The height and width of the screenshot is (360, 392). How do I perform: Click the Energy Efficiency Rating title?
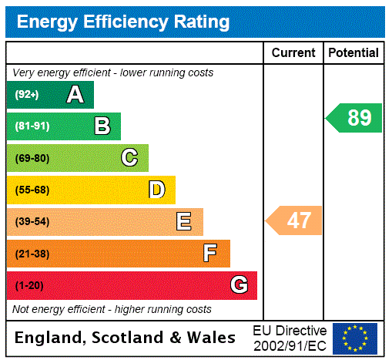(x=123, y=22)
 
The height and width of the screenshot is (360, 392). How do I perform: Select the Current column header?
(x=293, y=53)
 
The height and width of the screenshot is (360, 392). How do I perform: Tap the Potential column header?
(x=353, y=53)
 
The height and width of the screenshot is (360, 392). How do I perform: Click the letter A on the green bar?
(x=75, y=95)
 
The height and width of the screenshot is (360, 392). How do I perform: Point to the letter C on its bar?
(x=129, y=158)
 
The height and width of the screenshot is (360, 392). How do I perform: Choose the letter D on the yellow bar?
(x=156, y=190)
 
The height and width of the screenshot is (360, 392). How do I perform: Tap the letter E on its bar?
(x=184, y=222)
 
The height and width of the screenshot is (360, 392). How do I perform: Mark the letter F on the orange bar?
(x=210, y=254)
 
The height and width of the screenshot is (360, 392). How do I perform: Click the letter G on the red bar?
(x=239, y=285)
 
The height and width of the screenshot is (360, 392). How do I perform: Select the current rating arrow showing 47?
(x=295, y=220)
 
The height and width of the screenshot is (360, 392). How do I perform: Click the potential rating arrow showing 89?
(x=355, y=118)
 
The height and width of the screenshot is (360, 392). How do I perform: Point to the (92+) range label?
(x=27, y=95)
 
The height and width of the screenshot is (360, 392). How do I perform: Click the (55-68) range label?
(x=32, y=190)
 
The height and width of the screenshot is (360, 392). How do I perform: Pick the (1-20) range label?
(x=29, y=285)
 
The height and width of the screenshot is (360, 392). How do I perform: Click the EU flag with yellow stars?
(x=355, y=338)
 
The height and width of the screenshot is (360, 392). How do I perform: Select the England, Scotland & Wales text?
(x=126, y=338)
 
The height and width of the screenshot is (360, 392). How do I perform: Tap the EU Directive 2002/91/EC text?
(x=290, y=338)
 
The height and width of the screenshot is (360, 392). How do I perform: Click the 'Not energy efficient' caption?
(x=112, y=309)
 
